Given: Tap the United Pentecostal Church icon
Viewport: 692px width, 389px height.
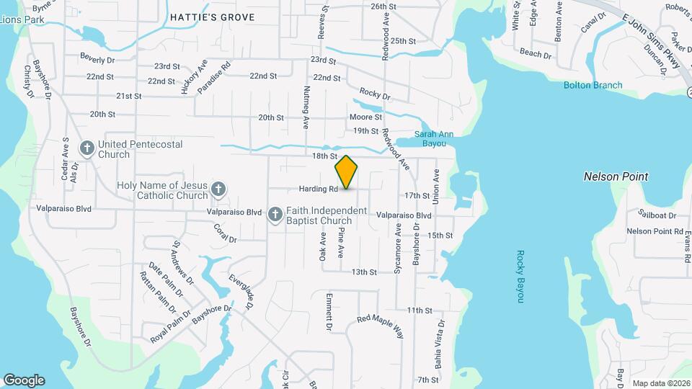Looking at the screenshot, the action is coord(86,149).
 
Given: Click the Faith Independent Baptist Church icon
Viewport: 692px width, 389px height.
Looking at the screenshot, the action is coord(275,215).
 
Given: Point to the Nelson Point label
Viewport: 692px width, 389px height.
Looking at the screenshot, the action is coord(616,176).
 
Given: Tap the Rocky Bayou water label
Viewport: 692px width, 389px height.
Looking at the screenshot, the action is coord(519,277).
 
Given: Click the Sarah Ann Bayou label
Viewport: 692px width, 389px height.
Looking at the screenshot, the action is coord(435,138).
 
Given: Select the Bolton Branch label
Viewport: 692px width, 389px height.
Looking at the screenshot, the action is coord(593,85).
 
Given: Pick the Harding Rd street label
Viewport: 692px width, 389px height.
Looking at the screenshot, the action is coord(319,189).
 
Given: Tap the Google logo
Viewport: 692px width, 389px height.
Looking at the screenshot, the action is coord(24,380).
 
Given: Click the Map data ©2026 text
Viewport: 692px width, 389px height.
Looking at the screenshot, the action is coord(660,383).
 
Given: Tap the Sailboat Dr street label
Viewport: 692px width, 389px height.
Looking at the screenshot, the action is coord(657,215).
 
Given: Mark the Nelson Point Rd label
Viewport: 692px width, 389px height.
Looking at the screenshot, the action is coord(655,231).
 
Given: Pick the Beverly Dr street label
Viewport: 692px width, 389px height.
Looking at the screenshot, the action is coord(97,58).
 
